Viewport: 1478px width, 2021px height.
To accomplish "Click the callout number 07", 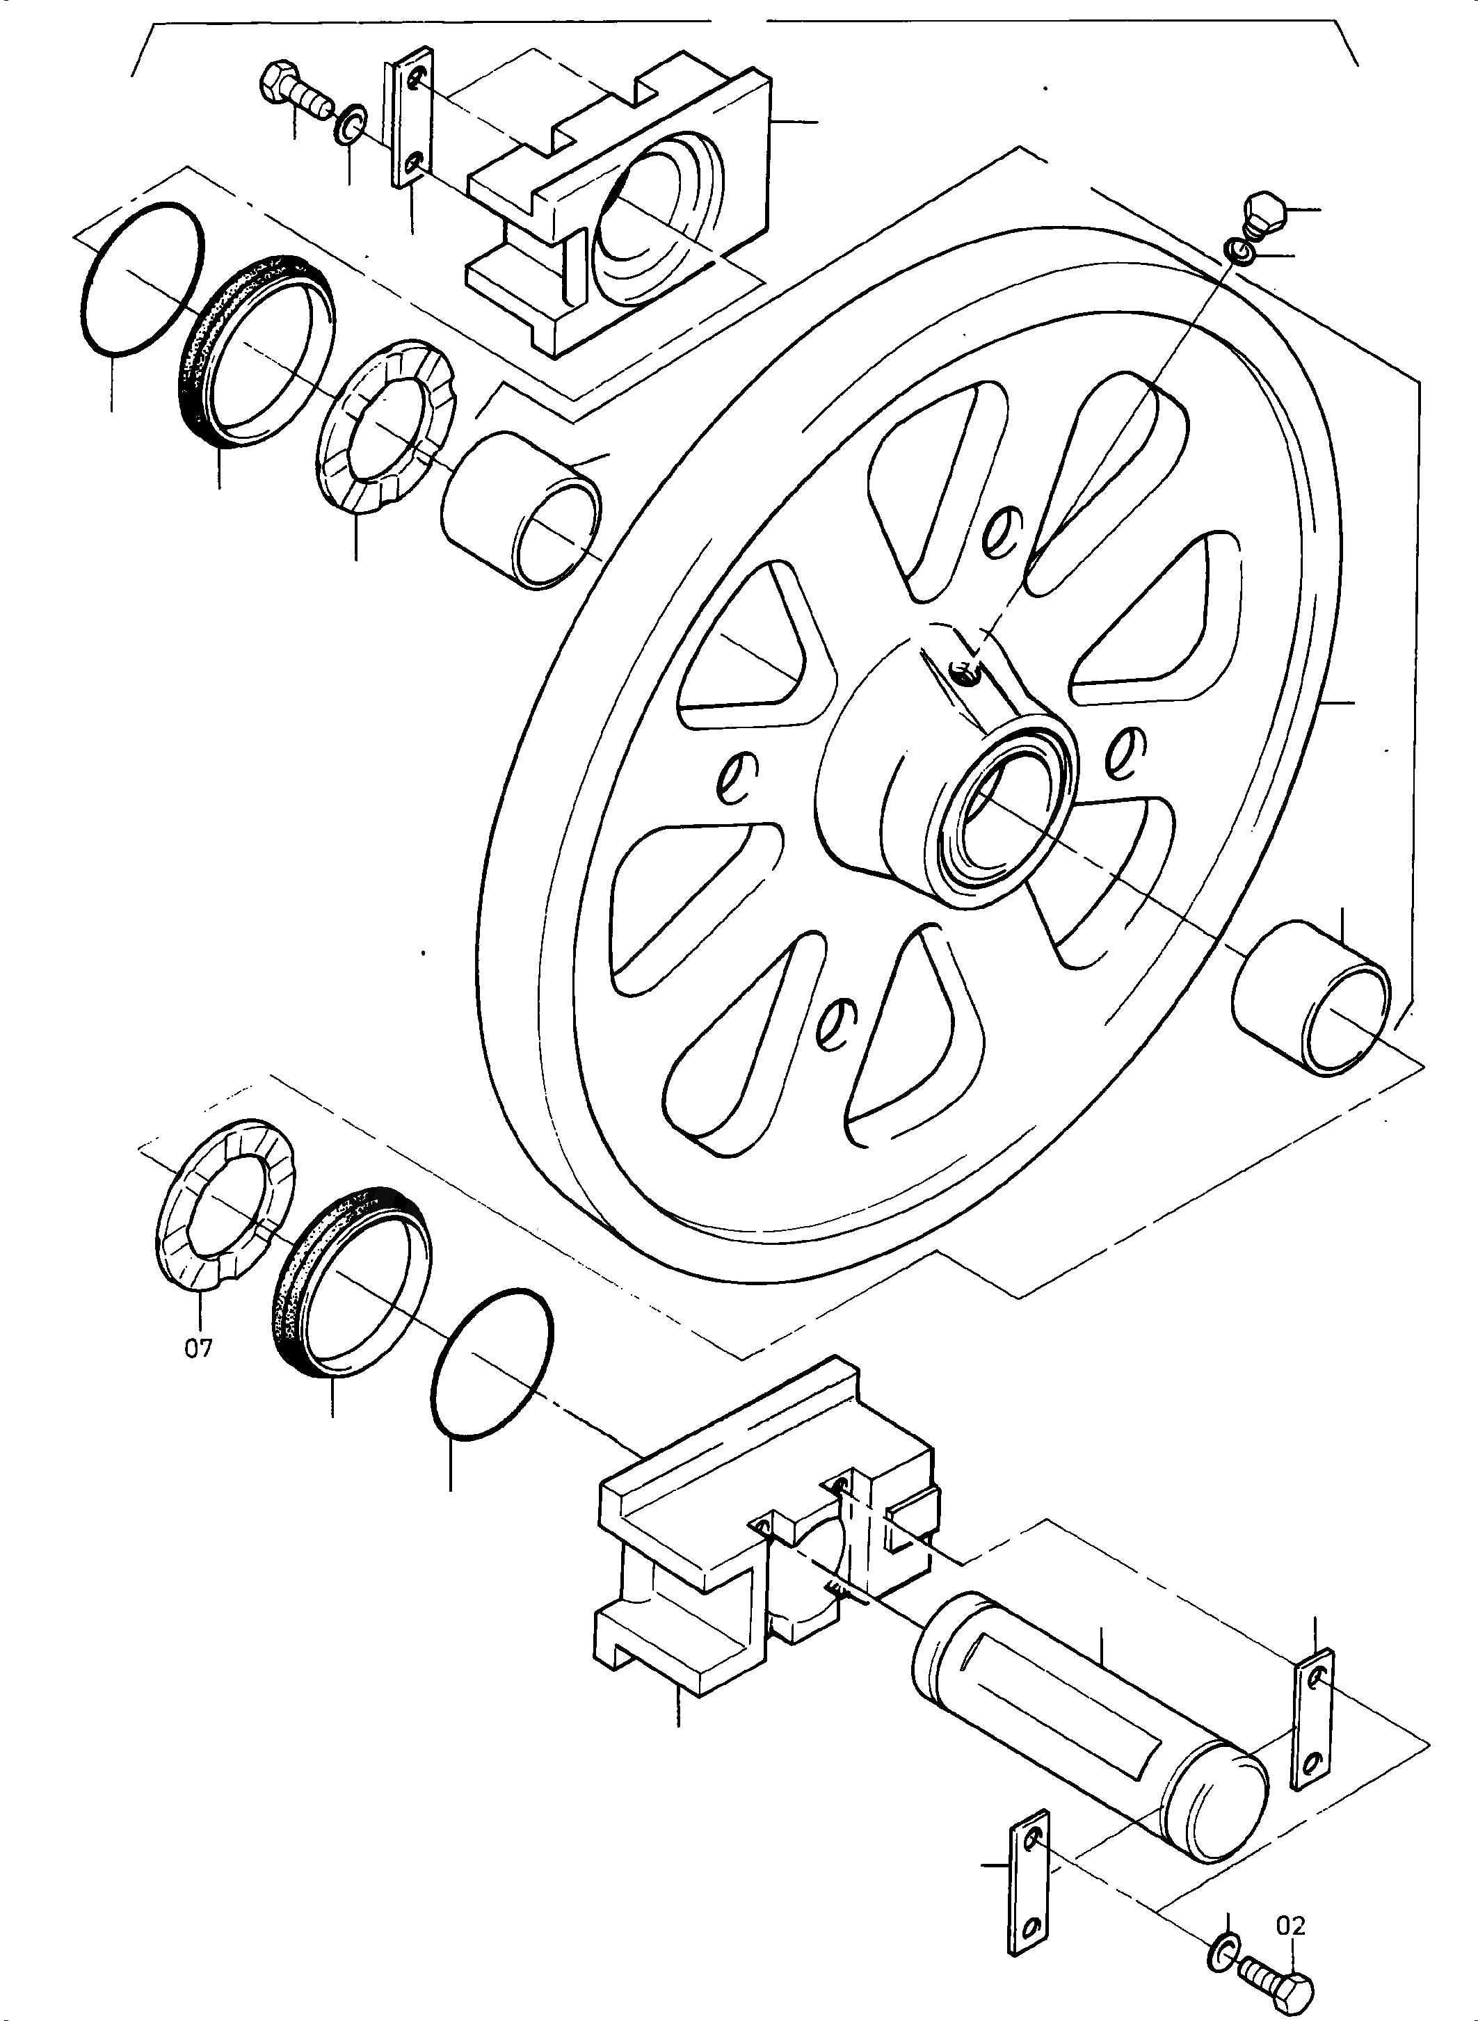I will click(x=199, y=1348).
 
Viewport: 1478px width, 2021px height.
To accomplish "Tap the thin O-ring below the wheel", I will click(x=492, y=1365).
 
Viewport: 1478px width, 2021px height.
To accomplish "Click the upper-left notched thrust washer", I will click(x=387, y=427).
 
